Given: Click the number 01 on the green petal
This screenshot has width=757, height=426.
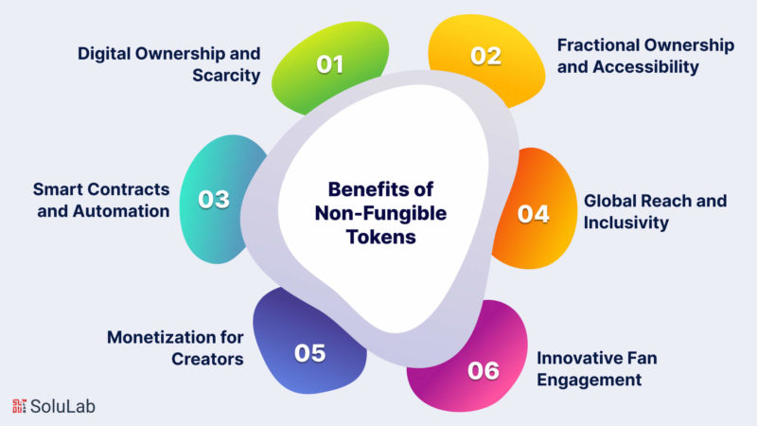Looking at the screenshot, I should [330, 65].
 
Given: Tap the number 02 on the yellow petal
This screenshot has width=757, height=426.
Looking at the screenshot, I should [486, 56].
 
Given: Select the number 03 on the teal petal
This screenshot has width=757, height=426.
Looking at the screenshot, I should [214, 200].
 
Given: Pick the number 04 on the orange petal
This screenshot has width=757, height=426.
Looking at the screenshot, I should [533, 213].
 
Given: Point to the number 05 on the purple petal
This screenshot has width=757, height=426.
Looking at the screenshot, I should [310, 353].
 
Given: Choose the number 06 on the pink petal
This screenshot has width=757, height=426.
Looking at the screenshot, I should [483, 370].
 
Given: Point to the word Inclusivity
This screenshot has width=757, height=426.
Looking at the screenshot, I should [626, 222].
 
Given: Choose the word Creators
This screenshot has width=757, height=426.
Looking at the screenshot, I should [208, 359].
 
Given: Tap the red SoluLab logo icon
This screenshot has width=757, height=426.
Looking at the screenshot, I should [20, 406].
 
